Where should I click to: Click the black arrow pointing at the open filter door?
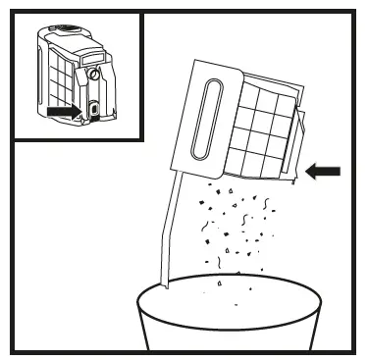click(323, 172)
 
